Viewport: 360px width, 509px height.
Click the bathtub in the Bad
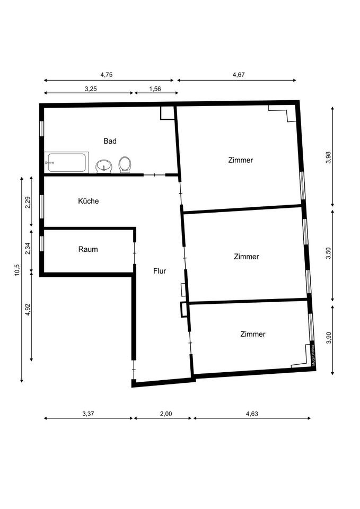pyautogui.click(x=67, y=162)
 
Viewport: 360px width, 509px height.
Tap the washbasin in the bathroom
pyautogui.click(x=104, y=166)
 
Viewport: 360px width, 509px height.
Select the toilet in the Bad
pyautogui.click(x=125, y=165)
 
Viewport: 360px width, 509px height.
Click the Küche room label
pyautogui.click(x=89, y=201)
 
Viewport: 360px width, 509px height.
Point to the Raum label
pyautogui.click(x=88, y=249)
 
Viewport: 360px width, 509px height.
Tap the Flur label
pyautogui.click(x=160, y=271)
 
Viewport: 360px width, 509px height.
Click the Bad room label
pyautogui.click(x=110, y=141)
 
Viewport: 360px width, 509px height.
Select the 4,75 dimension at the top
pyautogui.click(x=107, y=75)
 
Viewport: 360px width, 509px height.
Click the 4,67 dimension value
pyautogui.click(x=239, y=75)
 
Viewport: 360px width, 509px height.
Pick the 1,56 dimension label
pyautogui.click(x=155, y=89)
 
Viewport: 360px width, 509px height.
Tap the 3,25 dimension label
pyautogui.click(x=91, y=89)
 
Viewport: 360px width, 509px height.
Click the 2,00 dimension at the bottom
pyautogui.click(x=166, y=414)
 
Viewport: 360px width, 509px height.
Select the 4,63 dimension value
pyautogui.click(x=252, y=414)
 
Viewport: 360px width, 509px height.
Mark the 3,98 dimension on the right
pyautogui.click(x=328, y=157)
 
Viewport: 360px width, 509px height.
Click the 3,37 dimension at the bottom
pyautogui.click(x=89, y=414)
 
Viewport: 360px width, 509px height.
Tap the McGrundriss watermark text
pyautogui.click(x=313, y=355)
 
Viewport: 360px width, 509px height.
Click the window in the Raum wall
pyautogui.click(x=41, y=243)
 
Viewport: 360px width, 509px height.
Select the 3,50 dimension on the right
pyautogui.click(x=328, y=253)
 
